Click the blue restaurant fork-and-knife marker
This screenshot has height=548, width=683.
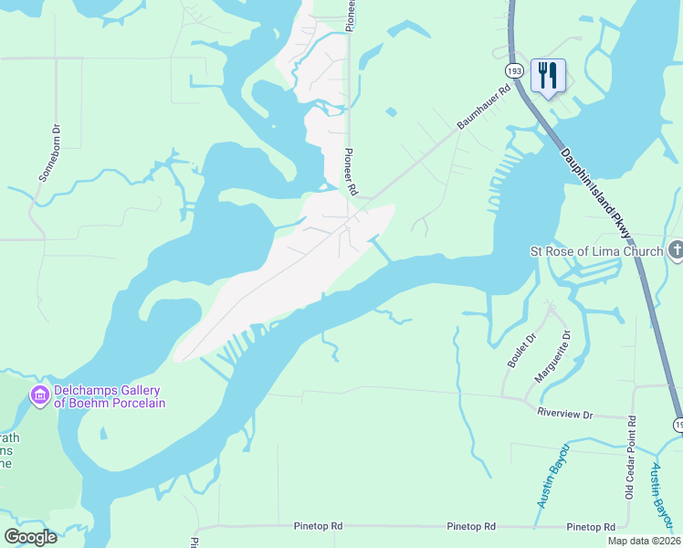click(548, 77)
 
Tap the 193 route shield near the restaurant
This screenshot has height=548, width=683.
click(513, 69)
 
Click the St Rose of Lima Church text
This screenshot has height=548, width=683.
click(596, 250)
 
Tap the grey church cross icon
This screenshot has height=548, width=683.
click(676, 249)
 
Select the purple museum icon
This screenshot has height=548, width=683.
click(39, 395)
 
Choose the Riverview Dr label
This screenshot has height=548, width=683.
click(564, 415)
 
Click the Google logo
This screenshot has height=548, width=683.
click(31, 536)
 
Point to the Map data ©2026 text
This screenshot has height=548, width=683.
click(644, 541)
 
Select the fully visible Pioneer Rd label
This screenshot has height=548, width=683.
click(350, 172)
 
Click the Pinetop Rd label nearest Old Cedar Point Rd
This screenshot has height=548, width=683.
click(591, 527)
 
